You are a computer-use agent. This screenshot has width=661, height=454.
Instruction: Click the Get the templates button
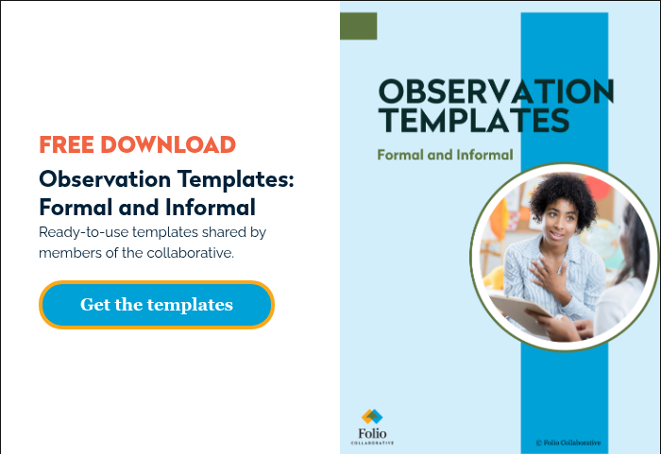tap(156, 305)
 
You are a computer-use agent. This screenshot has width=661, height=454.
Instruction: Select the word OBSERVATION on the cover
tap(496, 92)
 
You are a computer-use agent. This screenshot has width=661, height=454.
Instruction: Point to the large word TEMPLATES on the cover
tap(473, 120)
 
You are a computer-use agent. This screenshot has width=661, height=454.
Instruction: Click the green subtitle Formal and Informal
tap(445, 155)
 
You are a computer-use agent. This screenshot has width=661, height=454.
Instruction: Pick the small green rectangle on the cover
tap(359, 27)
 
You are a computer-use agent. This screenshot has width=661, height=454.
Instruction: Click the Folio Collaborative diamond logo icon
tap(372, 416)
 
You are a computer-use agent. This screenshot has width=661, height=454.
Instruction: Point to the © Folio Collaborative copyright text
tap(568, 443)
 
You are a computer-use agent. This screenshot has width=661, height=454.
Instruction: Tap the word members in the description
tap(64, 253)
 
